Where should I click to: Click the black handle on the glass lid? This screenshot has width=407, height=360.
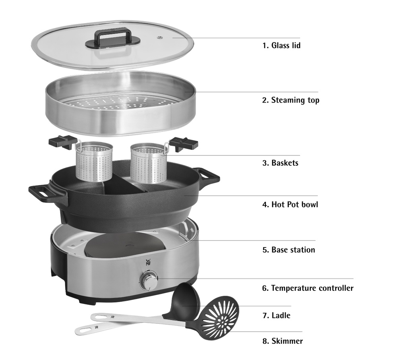pos(112,39)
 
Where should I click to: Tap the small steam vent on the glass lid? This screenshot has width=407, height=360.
pos(159,38)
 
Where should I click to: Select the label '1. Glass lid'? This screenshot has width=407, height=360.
pos(281,45)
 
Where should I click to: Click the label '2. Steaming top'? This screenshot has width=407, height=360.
pos(291,100)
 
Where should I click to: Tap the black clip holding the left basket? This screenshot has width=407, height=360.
pos(62,142)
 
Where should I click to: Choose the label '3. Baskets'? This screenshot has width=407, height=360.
pos(280,163)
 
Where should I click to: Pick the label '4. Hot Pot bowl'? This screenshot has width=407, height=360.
pos(290,205)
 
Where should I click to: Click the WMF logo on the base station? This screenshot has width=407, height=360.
pos(148,262)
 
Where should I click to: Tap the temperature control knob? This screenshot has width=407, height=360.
pos(149,281)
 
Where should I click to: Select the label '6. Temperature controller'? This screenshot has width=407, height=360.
pos(308,288)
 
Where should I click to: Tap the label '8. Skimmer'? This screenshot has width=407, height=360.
pos(283,341)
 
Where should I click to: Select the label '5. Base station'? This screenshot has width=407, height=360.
pos(289,250)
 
